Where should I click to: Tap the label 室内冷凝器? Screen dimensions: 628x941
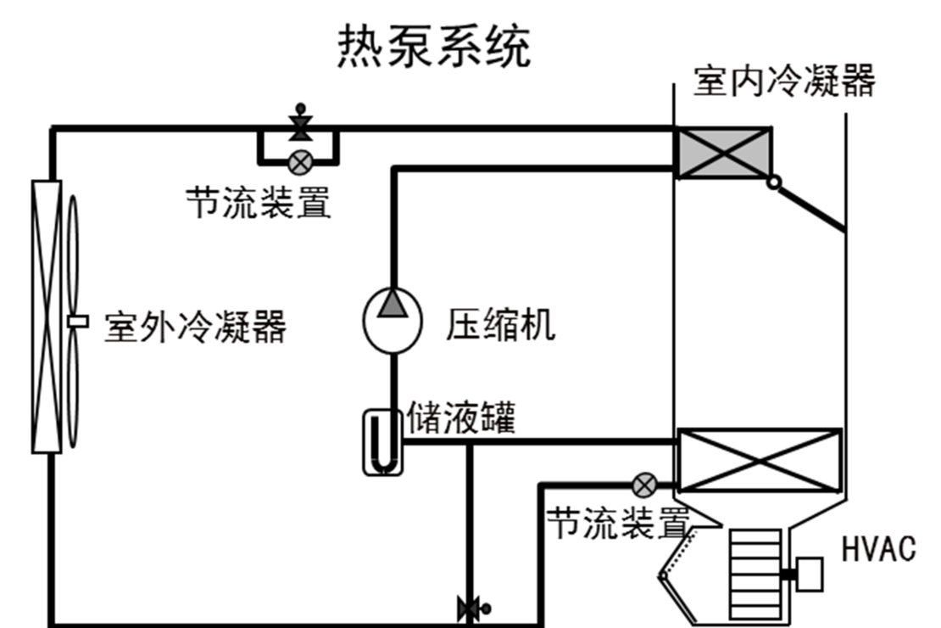point(784,81)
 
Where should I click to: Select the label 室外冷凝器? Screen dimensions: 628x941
point(195,326)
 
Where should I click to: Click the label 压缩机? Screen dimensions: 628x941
point(501,324)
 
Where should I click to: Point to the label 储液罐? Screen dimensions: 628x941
point(461,418)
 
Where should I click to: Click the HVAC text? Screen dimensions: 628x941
point(878,549)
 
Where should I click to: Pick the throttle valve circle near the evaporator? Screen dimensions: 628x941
point(645,485)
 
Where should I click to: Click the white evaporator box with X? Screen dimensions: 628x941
point(760,461)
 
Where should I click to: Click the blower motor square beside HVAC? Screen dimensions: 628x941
point(810,573)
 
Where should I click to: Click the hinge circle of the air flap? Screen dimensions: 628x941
point(773,182)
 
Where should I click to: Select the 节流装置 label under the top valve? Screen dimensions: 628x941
point(259,202)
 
